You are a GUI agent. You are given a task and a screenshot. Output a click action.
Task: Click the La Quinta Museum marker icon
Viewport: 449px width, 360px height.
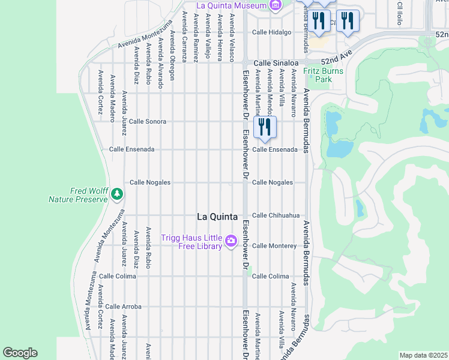(x=276, y=6)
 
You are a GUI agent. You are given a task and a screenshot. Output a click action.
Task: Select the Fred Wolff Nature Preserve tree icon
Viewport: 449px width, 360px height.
(x=116, y=194)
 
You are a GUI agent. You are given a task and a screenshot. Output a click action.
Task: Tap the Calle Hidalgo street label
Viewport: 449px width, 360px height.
(x=271, y=32)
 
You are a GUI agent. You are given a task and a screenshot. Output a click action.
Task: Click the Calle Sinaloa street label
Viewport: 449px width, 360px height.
(x=276, y=62)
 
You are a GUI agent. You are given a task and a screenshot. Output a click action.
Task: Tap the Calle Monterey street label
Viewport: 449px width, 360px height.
(x=274, y=246)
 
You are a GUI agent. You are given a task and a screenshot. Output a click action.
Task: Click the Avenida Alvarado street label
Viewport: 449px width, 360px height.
(x=160, y=64)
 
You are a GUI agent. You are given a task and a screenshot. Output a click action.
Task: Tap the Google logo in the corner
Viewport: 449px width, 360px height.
(x=20, y=353)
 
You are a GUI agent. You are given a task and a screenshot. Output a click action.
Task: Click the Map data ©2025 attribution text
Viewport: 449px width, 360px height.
(x=423, y=355)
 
